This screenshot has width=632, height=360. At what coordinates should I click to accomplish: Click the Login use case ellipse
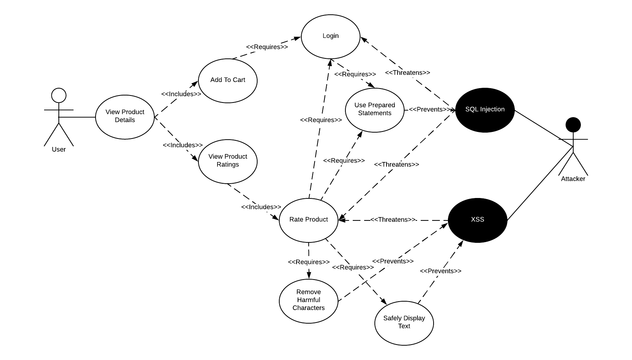click(331, 37)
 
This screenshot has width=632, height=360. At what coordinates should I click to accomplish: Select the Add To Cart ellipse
click(228, 80)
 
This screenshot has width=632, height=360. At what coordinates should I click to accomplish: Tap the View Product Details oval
click(125, 117)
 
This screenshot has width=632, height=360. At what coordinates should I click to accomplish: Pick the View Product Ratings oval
click(228, 161)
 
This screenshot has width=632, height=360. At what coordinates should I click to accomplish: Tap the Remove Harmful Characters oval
click(309, 300)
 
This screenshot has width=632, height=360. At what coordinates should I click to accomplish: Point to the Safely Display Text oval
click(404, 323)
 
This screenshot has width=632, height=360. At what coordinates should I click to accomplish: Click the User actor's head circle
click(59, 96)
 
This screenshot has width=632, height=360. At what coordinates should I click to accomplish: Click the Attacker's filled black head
click(573, 125)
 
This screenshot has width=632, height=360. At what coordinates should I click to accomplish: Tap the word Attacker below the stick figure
click(573, 179)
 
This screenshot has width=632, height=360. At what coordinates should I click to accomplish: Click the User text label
click(59, 150)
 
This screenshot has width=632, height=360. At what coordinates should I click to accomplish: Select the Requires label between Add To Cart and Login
click(267, 47)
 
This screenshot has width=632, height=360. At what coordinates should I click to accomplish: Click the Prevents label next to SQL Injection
click(429, 109)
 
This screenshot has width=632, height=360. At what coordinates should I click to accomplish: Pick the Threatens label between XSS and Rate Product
click(393, 220)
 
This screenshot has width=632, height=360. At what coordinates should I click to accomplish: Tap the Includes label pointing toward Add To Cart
click(181, 94)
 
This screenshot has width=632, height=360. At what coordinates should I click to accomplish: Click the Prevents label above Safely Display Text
click(440, 271)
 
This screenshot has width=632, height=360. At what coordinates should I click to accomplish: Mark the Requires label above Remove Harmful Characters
click(309, 262)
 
